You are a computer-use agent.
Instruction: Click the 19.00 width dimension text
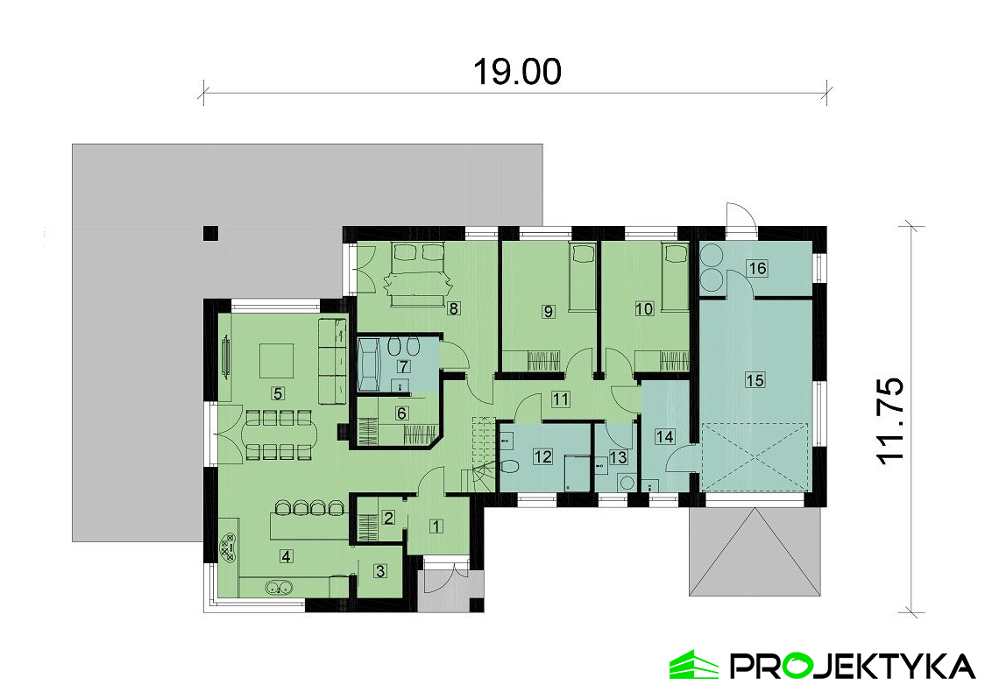click(516, 72)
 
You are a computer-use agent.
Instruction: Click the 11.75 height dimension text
click(889, 420)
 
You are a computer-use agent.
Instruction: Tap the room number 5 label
click(277, 393)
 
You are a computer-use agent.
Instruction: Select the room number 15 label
click(755, 379)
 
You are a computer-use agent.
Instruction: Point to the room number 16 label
click(757, 268)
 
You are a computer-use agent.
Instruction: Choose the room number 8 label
click(454, 308)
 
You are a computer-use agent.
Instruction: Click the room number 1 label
click(436, 526)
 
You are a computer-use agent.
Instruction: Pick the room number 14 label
click(664, 436)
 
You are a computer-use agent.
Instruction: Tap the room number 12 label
click(542, 456)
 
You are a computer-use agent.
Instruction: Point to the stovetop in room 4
click(228, 547)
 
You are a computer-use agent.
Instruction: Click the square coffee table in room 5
click(277, 360)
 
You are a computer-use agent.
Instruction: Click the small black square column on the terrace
click(210, 233)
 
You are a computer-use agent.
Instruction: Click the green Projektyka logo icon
click(693, 664)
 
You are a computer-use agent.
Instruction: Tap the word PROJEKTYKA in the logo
click(852, 665)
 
